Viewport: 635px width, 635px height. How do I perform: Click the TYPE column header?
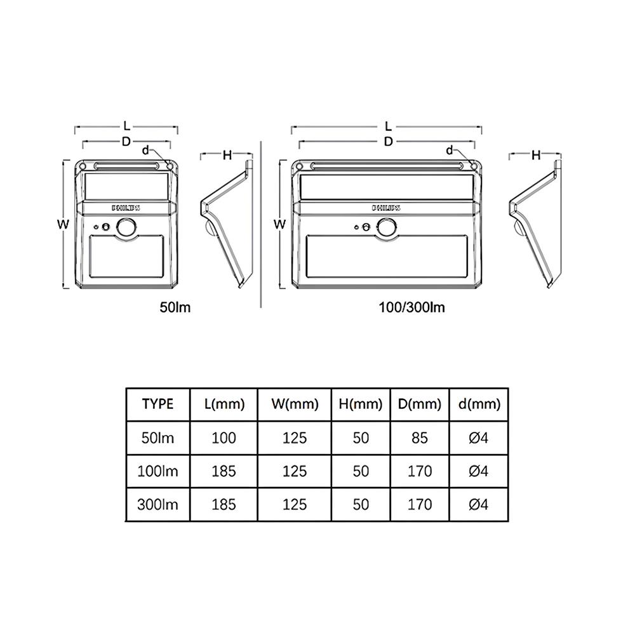pyautogui.click(x=157, y=404)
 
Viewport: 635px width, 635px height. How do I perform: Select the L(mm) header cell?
pyautogui.click(x=224, y=404)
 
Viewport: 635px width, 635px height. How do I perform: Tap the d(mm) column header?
pyautogui.click(x=479, y=404)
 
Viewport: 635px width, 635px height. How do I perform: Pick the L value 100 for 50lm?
pyautogui.click(x=224, y=438)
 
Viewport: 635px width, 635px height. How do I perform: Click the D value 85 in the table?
pyautogui.click(x=420, y=438)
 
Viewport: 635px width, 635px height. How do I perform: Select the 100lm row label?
pyautogui.click(x=157, y=471)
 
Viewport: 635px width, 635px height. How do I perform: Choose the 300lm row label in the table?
pyautogui.click(x=157, y=504)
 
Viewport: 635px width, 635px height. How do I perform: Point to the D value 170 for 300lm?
pyautogui.click(x=420, y=504)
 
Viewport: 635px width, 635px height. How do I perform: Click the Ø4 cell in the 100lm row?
pyautogui.click(x=479, y=471)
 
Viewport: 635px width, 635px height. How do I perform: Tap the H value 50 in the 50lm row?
pyautogui.click(x=361, y=438)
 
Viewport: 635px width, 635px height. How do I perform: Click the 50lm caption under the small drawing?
pyautogui.click(x=175, y=307)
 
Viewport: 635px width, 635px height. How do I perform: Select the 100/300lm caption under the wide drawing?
pyautogui.click(x=412, y=307)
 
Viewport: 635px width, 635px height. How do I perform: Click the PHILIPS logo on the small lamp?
pyautogui.click(x=126, y=208)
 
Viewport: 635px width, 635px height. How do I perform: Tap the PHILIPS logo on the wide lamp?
pyautogui.click(x=386, y=208)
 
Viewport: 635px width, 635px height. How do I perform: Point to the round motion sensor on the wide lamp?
pyautogui.click(x=387, y=227)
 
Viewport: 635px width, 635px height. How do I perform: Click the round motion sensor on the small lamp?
pyautogui.click(x=127, y=227)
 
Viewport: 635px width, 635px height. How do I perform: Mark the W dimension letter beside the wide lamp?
pyautogui.click(x=280, y=224)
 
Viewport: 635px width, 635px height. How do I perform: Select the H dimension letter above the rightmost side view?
pyautogui.click(x=536, y=155)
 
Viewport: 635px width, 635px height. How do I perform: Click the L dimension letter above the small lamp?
pyautogui.click(x=127, y=126)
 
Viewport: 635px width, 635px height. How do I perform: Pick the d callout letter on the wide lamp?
pyautogui.click(x=450, y=150)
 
